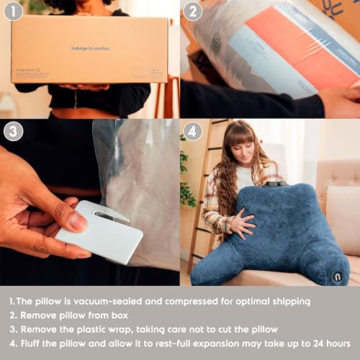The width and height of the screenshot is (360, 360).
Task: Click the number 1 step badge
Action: [13, 11]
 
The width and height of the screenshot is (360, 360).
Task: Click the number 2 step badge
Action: [192, 11]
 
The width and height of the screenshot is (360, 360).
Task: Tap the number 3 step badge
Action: [13, 131]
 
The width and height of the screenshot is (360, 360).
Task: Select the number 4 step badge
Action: [192, 131]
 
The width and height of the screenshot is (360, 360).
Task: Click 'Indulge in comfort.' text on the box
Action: [90, 48]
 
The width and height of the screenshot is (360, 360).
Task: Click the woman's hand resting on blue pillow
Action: [241, 225]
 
